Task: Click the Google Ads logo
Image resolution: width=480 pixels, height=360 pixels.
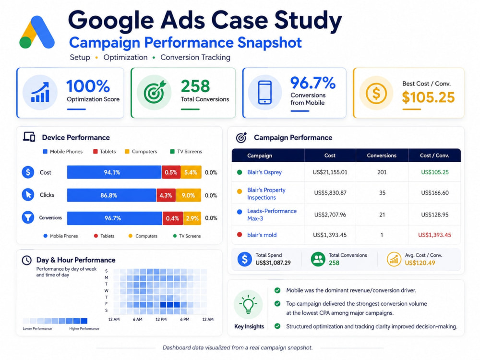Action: (x=37, y=32)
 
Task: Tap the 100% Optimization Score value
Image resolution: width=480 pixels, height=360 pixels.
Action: (x=88, y=86)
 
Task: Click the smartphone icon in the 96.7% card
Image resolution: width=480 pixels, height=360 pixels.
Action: (x=265, y=92)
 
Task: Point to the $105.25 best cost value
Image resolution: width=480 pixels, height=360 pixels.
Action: (x=428, y=97)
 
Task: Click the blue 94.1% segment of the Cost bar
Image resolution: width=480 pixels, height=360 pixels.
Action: (x=114, y=172)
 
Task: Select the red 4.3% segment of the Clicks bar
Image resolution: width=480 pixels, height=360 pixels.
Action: (x=166, y=195)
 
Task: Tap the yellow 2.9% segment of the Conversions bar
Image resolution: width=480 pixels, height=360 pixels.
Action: (x=192, y=218)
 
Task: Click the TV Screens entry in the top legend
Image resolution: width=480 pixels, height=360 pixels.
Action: (x=186, y=152)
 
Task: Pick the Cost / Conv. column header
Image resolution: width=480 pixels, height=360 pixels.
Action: (x=434, y=156)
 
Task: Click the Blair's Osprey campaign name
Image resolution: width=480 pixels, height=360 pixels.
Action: (x=264, y=172)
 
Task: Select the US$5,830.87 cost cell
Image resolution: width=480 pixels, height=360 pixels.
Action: (x=330, y=193)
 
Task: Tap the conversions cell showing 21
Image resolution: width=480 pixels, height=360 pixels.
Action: (x=382, y=215)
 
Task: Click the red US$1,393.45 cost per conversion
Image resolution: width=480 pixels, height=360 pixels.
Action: (x=435, y=235)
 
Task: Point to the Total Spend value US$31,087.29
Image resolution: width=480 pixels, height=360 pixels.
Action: (x=273, y=263)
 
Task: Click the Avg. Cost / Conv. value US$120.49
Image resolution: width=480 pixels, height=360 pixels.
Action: (x=420, y=263)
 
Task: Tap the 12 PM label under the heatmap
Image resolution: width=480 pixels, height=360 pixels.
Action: (x=161, y=319)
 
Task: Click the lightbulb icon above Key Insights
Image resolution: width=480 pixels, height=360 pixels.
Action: (x=248, y=305)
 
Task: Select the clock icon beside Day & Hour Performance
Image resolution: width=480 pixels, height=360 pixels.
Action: (x=27, y=260)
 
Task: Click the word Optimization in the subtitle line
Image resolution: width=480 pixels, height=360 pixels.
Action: (x=125, y=58)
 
